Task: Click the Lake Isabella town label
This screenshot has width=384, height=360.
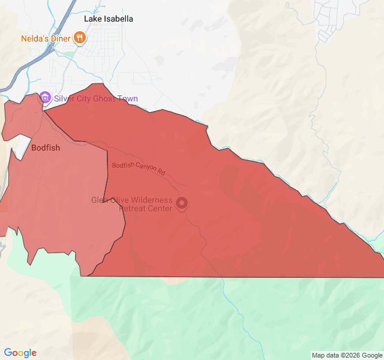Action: pos(109,19)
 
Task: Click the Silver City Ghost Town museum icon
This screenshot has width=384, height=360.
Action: pos(44,98)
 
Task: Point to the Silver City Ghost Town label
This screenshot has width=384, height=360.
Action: pos(96,99)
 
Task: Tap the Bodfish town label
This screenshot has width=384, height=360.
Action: pos(46,148)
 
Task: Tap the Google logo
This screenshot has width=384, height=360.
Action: pos(20,353)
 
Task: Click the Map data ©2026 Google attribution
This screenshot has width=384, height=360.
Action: pos(347,355)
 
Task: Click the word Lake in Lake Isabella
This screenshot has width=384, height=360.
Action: pos(94,19)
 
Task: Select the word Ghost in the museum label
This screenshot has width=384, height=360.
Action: pos(106,99)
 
